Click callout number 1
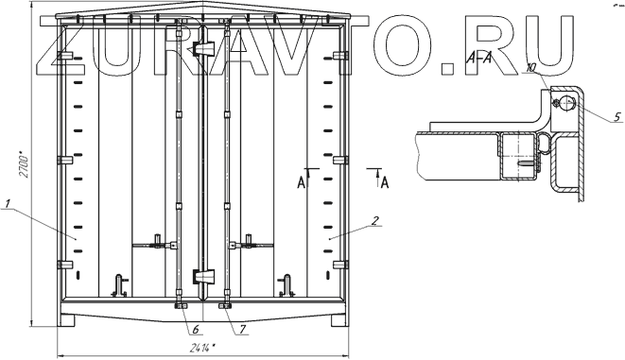point(8,203)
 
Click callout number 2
point(374,221)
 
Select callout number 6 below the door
point(196,329)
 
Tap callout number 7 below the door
point(242,329)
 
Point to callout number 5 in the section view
point(616,116)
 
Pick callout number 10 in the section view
point(531,67)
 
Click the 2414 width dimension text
point(202,348)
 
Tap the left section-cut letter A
point(302,182)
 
